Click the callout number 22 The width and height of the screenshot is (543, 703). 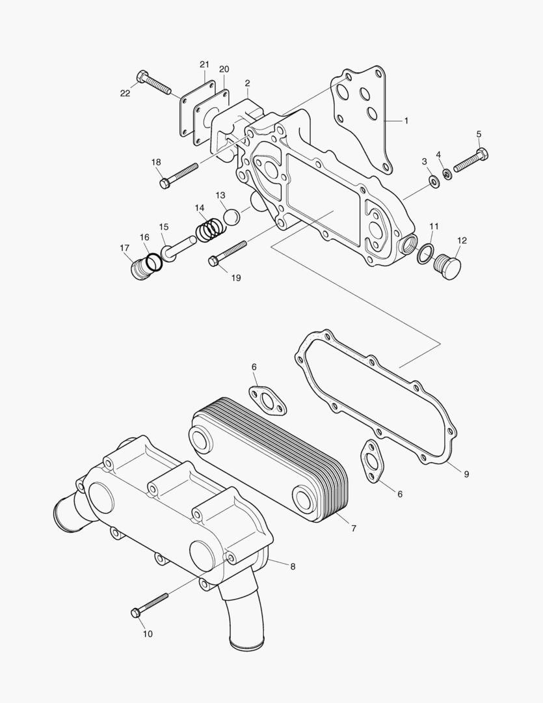click(125, 93)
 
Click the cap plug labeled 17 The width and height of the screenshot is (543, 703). click(139, 268)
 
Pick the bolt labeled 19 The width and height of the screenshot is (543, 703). click(228, 253)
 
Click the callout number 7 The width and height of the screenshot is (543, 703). click(354, 529)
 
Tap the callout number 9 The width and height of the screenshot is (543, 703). click(466, 474)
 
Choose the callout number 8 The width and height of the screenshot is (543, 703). click(293, 566)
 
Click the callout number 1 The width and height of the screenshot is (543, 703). click(406, 120)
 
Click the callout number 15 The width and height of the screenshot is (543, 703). click(164, 227)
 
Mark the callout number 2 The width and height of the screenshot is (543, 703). click(248, 83)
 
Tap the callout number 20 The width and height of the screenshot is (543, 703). click(224, 69)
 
